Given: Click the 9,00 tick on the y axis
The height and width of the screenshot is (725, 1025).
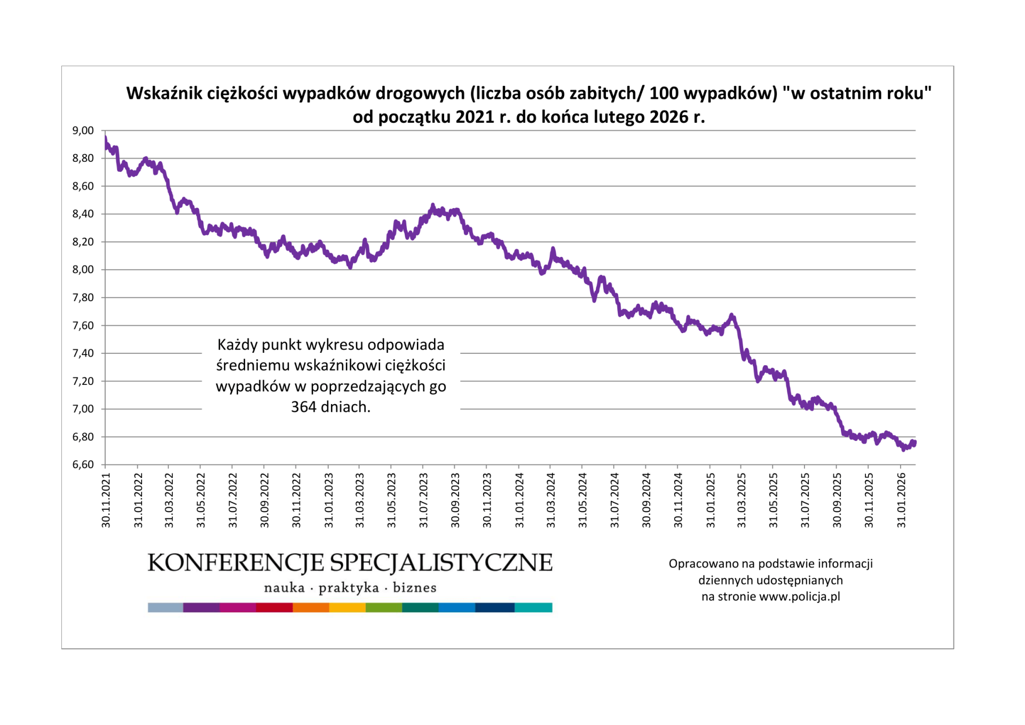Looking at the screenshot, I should [83, 130].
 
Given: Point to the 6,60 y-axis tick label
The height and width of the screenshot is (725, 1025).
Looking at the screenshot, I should [83, 464].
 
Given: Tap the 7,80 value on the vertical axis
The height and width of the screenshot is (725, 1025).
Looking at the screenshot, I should [83, 297].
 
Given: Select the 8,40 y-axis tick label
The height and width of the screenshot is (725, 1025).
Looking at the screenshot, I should [83, 214].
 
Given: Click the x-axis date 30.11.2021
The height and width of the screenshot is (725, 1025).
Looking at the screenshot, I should [106, 500].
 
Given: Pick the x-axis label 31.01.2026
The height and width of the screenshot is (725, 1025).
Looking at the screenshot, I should [901, 500].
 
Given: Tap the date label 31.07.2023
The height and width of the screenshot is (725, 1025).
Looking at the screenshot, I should [423, 500].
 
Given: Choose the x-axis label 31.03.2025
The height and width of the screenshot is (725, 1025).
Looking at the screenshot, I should [742, 500].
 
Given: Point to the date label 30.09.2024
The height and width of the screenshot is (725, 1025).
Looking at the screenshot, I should [646, 500].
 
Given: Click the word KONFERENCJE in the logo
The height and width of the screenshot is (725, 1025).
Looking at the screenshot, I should [235, 563].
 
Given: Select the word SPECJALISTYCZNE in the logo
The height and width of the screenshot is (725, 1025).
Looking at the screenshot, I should [441, 563].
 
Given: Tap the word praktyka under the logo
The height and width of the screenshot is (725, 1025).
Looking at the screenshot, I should [349, 588].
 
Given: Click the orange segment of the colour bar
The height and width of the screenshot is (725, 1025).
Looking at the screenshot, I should [311, 608].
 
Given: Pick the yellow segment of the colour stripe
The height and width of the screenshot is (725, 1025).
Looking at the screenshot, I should [347, 608].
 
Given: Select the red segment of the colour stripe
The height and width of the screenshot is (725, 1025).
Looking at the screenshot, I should [274, 608].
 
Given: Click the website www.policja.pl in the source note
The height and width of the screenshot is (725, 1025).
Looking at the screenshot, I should [799, 596].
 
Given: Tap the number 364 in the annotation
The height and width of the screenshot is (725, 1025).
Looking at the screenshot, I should [303, 407].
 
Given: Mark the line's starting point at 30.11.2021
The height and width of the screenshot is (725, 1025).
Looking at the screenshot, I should [106, 139].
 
